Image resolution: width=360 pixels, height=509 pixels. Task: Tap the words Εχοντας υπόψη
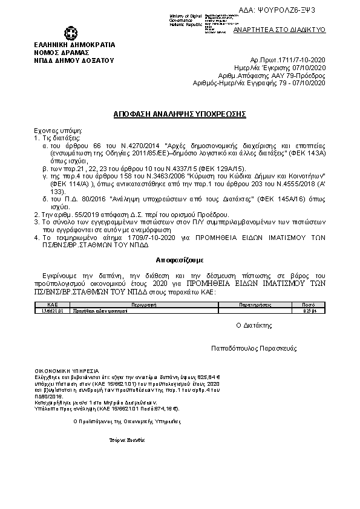coord(58,131)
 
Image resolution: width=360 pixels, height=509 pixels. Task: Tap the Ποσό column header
coord(309,306)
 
